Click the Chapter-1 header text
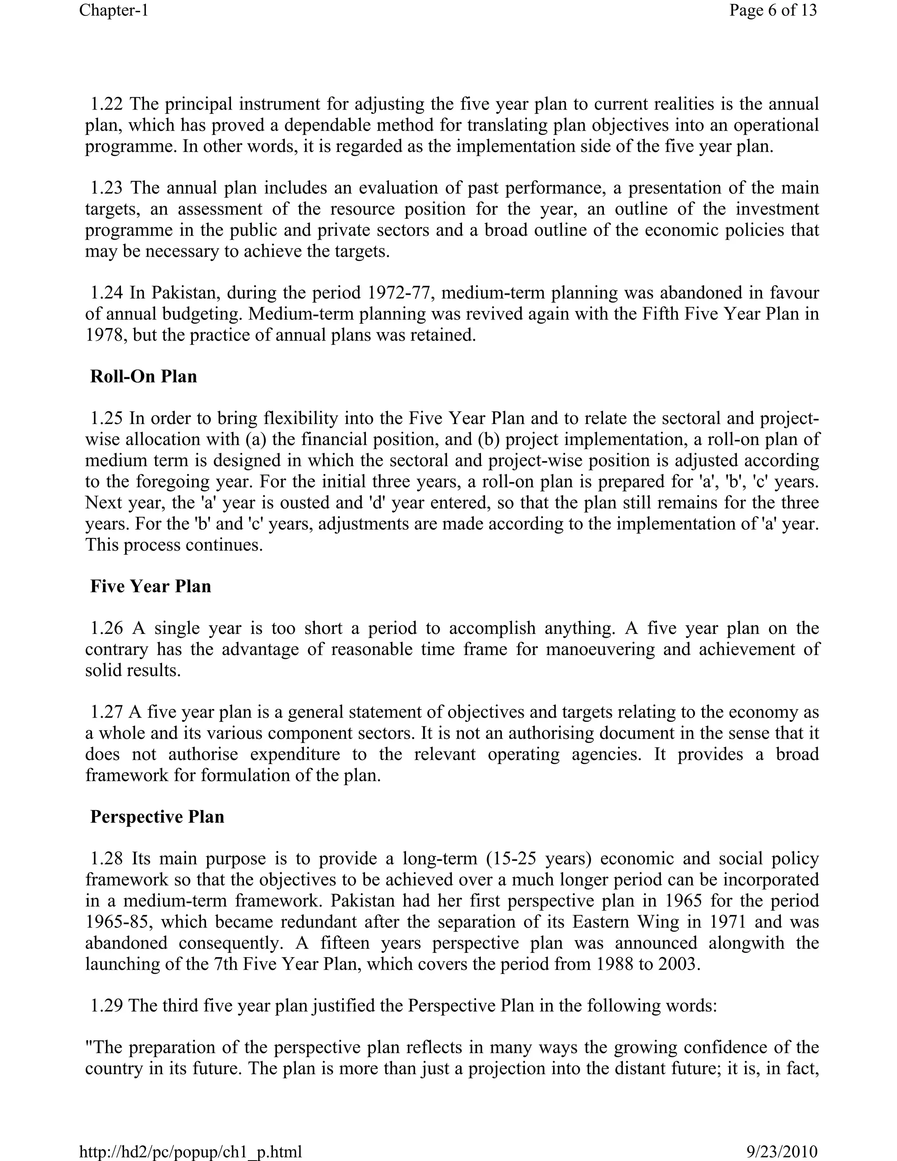(114, 10)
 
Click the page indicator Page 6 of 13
(773, 10)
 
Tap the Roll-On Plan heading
(144, 376)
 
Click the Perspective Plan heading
(157, 817)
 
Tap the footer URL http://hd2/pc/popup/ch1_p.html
(190, 1152)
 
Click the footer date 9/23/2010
(781, 1152)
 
